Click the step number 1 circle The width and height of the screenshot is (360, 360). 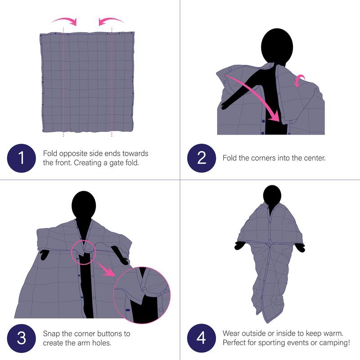pos(21,158)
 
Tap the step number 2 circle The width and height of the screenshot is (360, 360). pos(201,158)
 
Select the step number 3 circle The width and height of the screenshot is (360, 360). pos(21,338)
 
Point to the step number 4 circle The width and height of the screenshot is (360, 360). pos(201,338)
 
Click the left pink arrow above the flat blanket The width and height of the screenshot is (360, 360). pos(64,20)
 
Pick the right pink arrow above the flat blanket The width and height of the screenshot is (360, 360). pos(112,20)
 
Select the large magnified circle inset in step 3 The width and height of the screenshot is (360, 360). pos(141,296)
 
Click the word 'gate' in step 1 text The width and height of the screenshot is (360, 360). pos(112,162)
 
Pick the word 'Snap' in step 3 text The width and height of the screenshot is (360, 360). pos(52,334)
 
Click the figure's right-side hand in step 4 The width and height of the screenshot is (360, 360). pos(300,247)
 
